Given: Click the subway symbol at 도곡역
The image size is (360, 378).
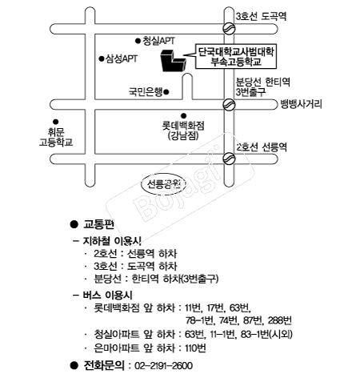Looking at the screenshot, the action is pyautogui.click(x=229, y=28).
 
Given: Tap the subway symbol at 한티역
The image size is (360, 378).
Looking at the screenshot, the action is pyautogui.click(x=229, y=104).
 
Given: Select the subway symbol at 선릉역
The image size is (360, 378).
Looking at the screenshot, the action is pyautogui.click(x=229, y=159).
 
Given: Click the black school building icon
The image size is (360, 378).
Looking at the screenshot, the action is pyautogui.click(x=173, y=60).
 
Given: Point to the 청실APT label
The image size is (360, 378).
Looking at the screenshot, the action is pyautogui.click(x=158, y=41).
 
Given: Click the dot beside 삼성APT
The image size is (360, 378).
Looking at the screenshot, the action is pyautogui.click(x=101, y=58).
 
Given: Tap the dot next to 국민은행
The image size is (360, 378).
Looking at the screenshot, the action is pyautogui.click(x=166, y=92).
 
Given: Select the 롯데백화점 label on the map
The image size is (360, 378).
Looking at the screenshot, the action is pyautogui.click(x=183, y=126).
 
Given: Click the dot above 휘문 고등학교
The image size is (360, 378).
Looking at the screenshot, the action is pyautogui.click(x=55, y=122).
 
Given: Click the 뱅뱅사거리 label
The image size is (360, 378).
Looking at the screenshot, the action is pyautogui.click(x=301, y=104).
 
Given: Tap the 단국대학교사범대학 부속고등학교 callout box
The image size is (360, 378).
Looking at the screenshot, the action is pyautogui.click(x=236, y=56).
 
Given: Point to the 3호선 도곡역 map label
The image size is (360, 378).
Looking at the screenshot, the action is pyautogui.click(x=261, y=16).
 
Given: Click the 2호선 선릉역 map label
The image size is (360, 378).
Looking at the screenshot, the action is pyautogui.click(x=262, y=147).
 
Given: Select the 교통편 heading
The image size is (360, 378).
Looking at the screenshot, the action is pyautogui.click(x=98, y=224).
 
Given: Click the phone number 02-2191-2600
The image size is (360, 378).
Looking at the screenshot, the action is pyautogui.click(x=163, y=365).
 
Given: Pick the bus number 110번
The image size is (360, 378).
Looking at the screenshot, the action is pyautogui.click(x=195, y=348).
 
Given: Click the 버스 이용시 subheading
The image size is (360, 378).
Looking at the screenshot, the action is pyautogui.click(x=107, y=295).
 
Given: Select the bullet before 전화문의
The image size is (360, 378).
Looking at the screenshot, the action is pyautogui.click(x=74, y=365).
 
